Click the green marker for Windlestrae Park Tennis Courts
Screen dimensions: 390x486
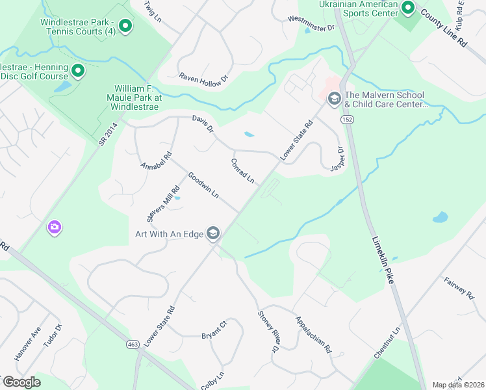tap(126, 27)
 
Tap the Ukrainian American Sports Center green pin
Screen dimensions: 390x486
tap(408, 8)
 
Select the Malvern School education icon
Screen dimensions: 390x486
tap(335, 98)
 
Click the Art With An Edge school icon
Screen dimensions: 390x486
tap(212, 233)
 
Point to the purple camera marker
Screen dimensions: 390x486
tap(55, 227)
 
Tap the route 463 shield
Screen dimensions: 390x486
tap(133, 344)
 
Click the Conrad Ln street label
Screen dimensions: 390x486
tap(242, 170)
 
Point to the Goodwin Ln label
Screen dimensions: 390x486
tap(203, 185)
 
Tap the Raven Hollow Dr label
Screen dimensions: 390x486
tap(204, 77)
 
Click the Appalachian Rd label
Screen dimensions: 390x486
tap(313, 335)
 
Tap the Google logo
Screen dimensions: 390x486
tap(21, 382)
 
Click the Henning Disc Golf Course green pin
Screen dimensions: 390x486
tap(78, 71)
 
